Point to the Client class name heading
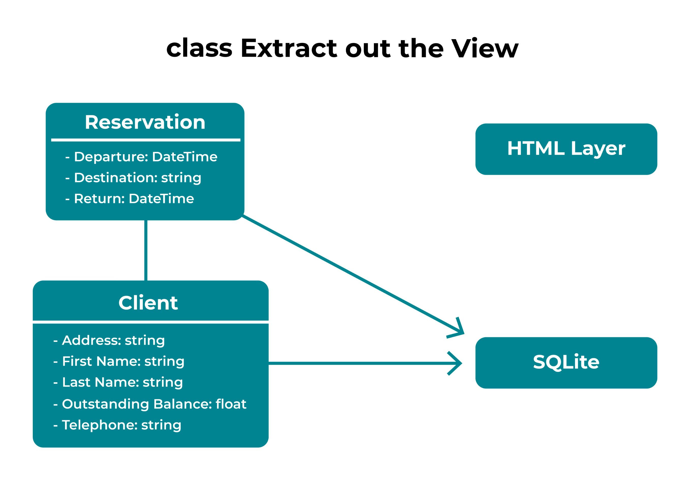148,303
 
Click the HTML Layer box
566,149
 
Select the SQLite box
566,363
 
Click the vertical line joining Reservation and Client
146,250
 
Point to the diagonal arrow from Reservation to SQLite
353,274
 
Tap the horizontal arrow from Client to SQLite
366,363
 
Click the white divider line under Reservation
146,140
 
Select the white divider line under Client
151,322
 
